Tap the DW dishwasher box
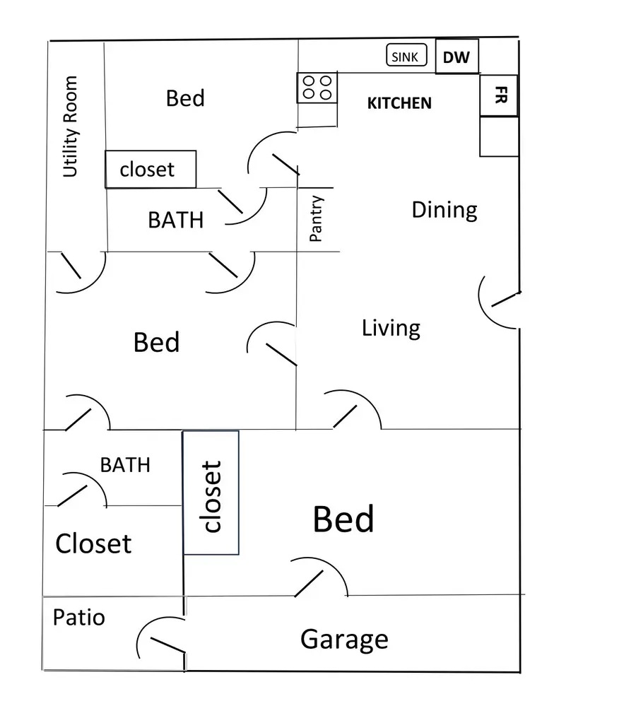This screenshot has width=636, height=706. [457, 57]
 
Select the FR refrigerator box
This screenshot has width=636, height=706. [499, 95]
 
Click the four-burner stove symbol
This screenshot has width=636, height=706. [317, 88]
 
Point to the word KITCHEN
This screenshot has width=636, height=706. [399, 103]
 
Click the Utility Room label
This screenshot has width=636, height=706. [70, 127]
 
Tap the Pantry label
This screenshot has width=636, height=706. [317, 219]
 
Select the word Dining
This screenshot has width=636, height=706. [444, 210]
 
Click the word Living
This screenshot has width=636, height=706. [391, 328]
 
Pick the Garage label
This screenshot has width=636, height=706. [344, 639]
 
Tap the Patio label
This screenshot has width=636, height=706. [78, 617]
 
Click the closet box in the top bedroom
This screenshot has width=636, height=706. [151, 169]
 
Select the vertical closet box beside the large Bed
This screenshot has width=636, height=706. [211, 493]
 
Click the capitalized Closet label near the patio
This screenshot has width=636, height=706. [93, 543]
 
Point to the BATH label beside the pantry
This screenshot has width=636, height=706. [175, 220]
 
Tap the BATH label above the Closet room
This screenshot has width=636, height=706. [125, 464]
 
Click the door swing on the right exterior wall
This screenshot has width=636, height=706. [500, 302]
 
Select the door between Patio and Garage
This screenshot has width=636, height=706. [163, 640]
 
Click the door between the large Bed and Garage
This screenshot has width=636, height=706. [319, 578]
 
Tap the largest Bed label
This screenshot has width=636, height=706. [343, 519]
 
